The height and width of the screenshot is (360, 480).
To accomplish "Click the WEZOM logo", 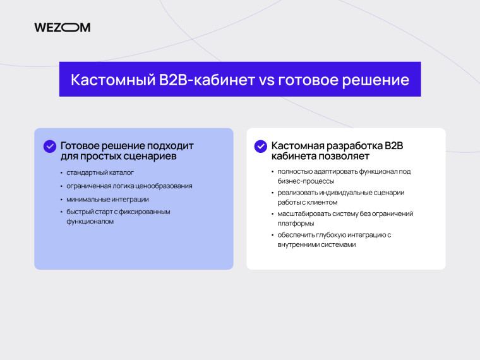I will pos(62,27).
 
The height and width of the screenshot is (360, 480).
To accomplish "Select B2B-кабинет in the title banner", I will pos(201,80).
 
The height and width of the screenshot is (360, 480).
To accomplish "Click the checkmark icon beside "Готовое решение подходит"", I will pos(50,146).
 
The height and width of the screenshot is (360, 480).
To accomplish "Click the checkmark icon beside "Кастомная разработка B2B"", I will pos(260,146).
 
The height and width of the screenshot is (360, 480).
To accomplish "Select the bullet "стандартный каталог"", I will pos(101,172).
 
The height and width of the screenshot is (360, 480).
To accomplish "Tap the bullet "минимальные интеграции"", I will pos(108,199).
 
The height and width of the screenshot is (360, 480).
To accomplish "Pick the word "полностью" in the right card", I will pos(295,171).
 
